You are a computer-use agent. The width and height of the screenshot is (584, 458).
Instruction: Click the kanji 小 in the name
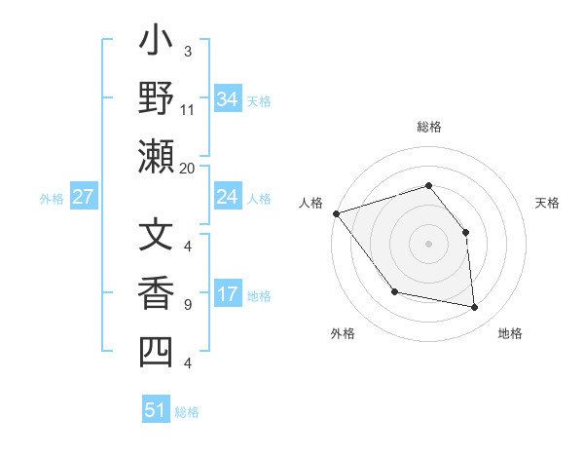click(156, 44)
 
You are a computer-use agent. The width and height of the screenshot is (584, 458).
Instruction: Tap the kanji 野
click(156, 99)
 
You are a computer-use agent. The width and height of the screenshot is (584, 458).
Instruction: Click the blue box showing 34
click(227, 99)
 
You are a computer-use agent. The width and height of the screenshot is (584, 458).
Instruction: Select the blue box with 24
click(227, 197)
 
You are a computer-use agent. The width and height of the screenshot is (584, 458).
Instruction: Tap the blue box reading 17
click(227, 294)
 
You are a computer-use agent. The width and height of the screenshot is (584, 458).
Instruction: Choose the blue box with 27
click(84, 197)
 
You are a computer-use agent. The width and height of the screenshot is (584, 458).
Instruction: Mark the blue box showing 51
click(156, 410)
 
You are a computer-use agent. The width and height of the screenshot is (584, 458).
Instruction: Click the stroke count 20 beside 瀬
click(188, 168)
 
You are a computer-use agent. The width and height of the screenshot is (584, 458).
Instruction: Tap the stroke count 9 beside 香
click(188, 305)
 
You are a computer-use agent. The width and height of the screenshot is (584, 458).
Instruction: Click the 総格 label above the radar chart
click(428, 127)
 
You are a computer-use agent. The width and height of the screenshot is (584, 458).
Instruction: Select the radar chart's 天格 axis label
click(547, 203)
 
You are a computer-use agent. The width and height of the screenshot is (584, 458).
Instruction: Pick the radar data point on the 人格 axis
click(336, 213)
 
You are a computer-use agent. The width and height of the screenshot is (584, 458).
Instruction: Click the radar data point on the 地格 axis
click(475, 308)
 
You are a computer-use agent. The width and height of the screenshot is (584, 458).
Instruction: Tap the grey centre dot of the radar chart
click(428, 244)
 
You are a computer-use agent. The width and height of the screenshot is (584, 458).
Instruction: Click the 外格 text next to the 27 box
click(52, 198)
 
